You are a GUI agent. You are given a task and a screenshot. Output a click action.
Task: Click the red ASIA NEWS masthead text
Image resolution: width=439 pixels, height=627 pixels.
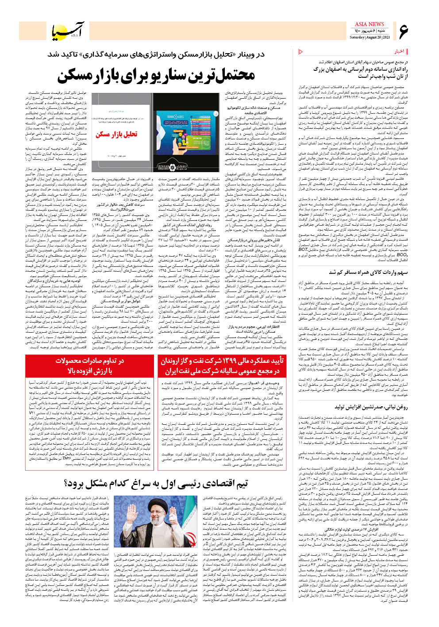[x=369, y=24]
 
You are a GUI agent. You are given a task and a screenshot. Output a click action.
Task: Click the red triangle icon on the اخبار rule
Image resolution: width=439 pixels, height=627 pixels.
[x=301, y=51]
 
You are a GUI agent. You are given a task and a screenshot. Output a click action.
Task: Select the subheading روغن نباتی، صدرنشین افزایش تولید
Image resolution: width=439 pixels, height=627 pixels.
[x=371, y=407]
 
